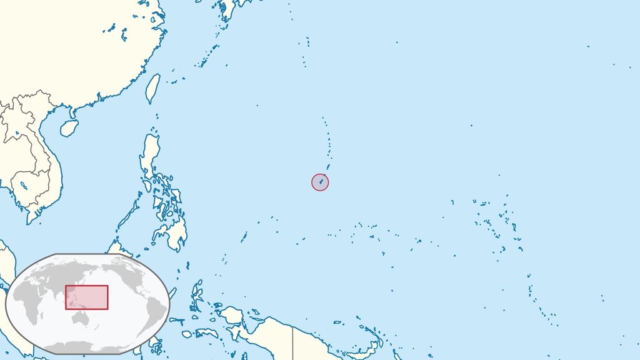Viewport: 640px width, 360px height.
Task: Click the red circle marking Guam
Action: pos(320,182)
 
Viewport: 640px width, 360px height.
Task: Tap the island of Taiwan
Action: pos(152,88)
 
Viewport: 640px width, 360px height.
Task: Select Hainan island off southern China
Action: pos(69,128)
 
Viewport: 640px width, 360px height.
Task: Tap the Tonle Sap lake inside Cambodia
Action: pos(23,185)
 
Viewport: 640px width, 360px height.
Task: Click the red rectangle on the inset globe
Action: pos(86,297)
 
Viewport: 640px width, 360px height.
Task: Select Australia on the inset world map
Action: pos(82,319)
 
